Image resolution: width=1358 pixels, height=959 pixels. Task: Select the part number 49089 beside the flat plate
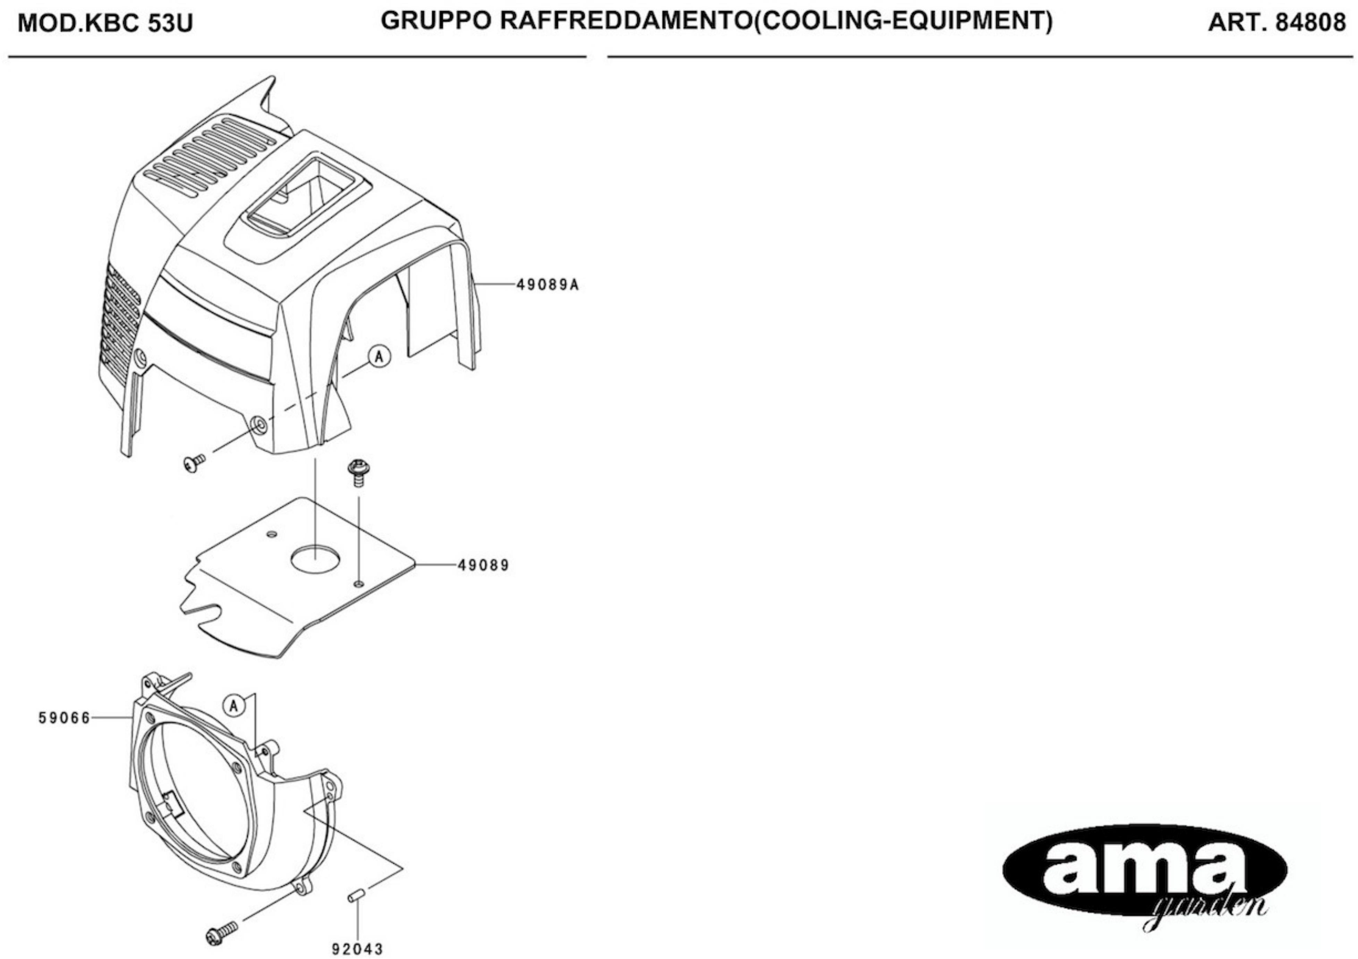[x=483, y=566]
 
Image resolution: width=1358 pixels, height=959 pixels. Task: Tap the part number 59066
[x=65, y=718]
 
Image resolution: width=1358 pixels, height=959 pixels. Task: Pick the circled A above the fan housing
[x=234, y=706]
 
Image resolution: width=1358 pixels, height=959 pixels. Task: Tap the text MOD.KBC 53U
[x=105, y=24]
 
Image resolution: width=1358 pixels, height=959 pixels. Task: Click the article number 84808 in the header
[x=1310, y=23]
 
